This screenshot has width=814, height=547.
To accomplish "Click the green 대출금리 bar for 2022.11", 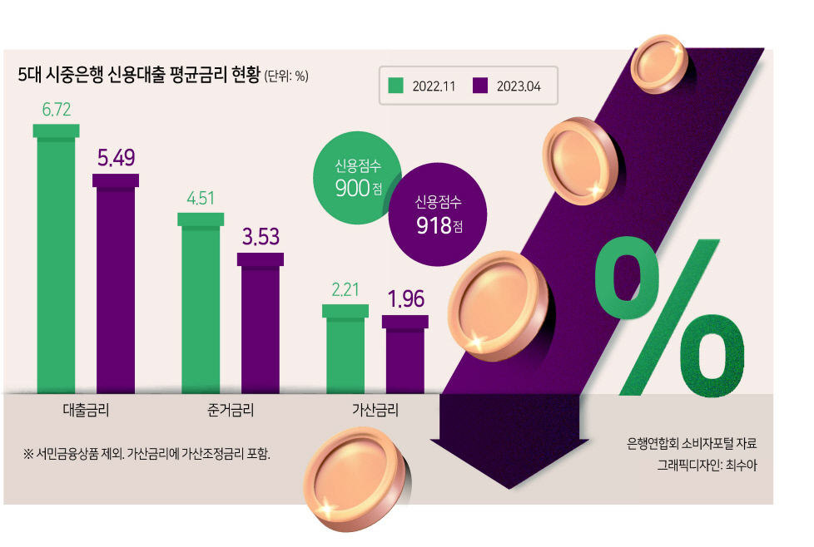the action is pos(56,259).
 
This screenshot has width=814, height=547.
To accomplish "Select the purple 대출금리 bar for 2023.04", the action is pos(116,283).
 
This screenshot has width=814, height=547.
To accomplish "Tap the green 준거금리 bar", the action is pos(201,303).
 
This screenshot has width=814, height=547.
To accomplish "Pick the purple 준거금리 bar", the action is pos(261,323).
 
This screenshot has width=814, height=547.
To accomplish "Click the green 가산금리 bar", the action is pos(345,349).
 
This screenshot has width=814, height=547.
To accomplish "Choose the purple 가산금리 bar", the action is pos(405,354).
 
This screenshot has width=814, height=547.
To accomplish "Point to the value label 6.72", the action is pos(56,110).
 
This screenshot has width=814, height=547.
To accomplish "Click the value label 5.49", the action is pos(117,158).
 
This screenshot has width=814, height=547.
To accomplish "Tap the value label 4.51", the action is pos(201,198).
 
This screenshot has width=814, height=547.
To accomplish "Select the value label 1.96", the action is pos(406,299).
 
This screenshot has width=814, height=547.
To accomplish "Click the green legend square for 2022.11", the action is pos(396,86).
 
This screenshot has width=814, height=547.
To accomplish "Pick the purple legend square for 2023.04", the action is pos(480,86).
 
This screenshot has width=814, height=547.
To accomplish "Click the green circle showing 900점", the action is pos(358,178).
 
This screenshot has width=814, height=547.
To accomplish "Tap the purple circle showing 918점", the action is pos(438,214).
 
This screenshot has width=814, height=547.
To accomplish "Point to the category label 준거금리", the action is pos(231,410).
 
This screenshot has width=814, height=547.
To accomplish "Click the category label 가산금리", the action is pos(375,410).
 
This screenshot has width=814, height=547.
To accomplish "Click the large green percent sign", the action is pos(670,318).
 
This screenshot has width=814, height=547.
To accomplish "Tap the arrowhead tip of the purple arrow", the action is pos(509,489).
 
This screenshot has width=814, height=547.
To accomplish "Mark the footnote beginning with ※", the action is pos(146,454).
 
